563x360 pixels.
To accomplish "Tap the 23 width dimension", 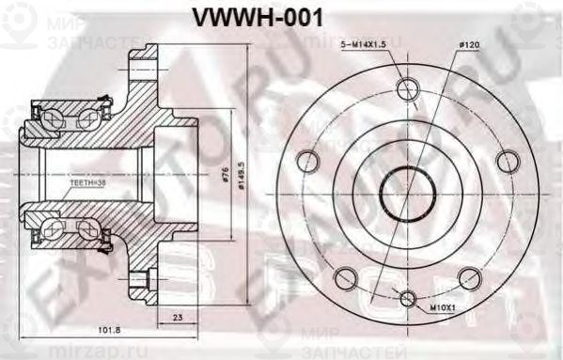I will click(x=178, y=319).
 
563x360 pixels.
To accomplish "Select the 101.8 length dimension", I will click(x=111, y=330).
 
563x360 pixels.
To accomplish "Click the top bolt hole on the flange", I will click(x=407, y=90).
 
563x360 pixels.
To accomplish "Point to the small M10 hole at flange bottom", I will click(x=407, y=300).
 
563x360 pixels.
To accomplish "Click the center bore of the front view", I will click(x=407, y=194).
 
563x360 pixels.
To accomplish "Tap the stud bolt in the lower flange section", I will click(x=143, y=277).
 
